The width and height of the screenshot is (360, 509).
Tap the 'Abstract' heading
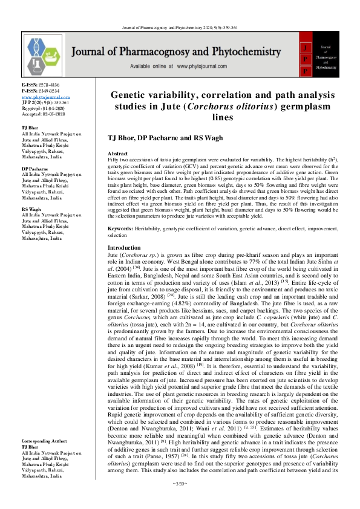(x=117, y=154)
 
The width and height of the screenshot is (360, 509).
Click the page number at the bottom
(x=180, y=501)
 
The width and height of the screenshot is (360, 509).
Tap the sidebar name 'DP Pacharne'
(x=35, y=167)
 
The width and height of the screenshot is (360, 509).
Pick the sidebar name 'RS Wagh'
(x=32, y=209)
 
